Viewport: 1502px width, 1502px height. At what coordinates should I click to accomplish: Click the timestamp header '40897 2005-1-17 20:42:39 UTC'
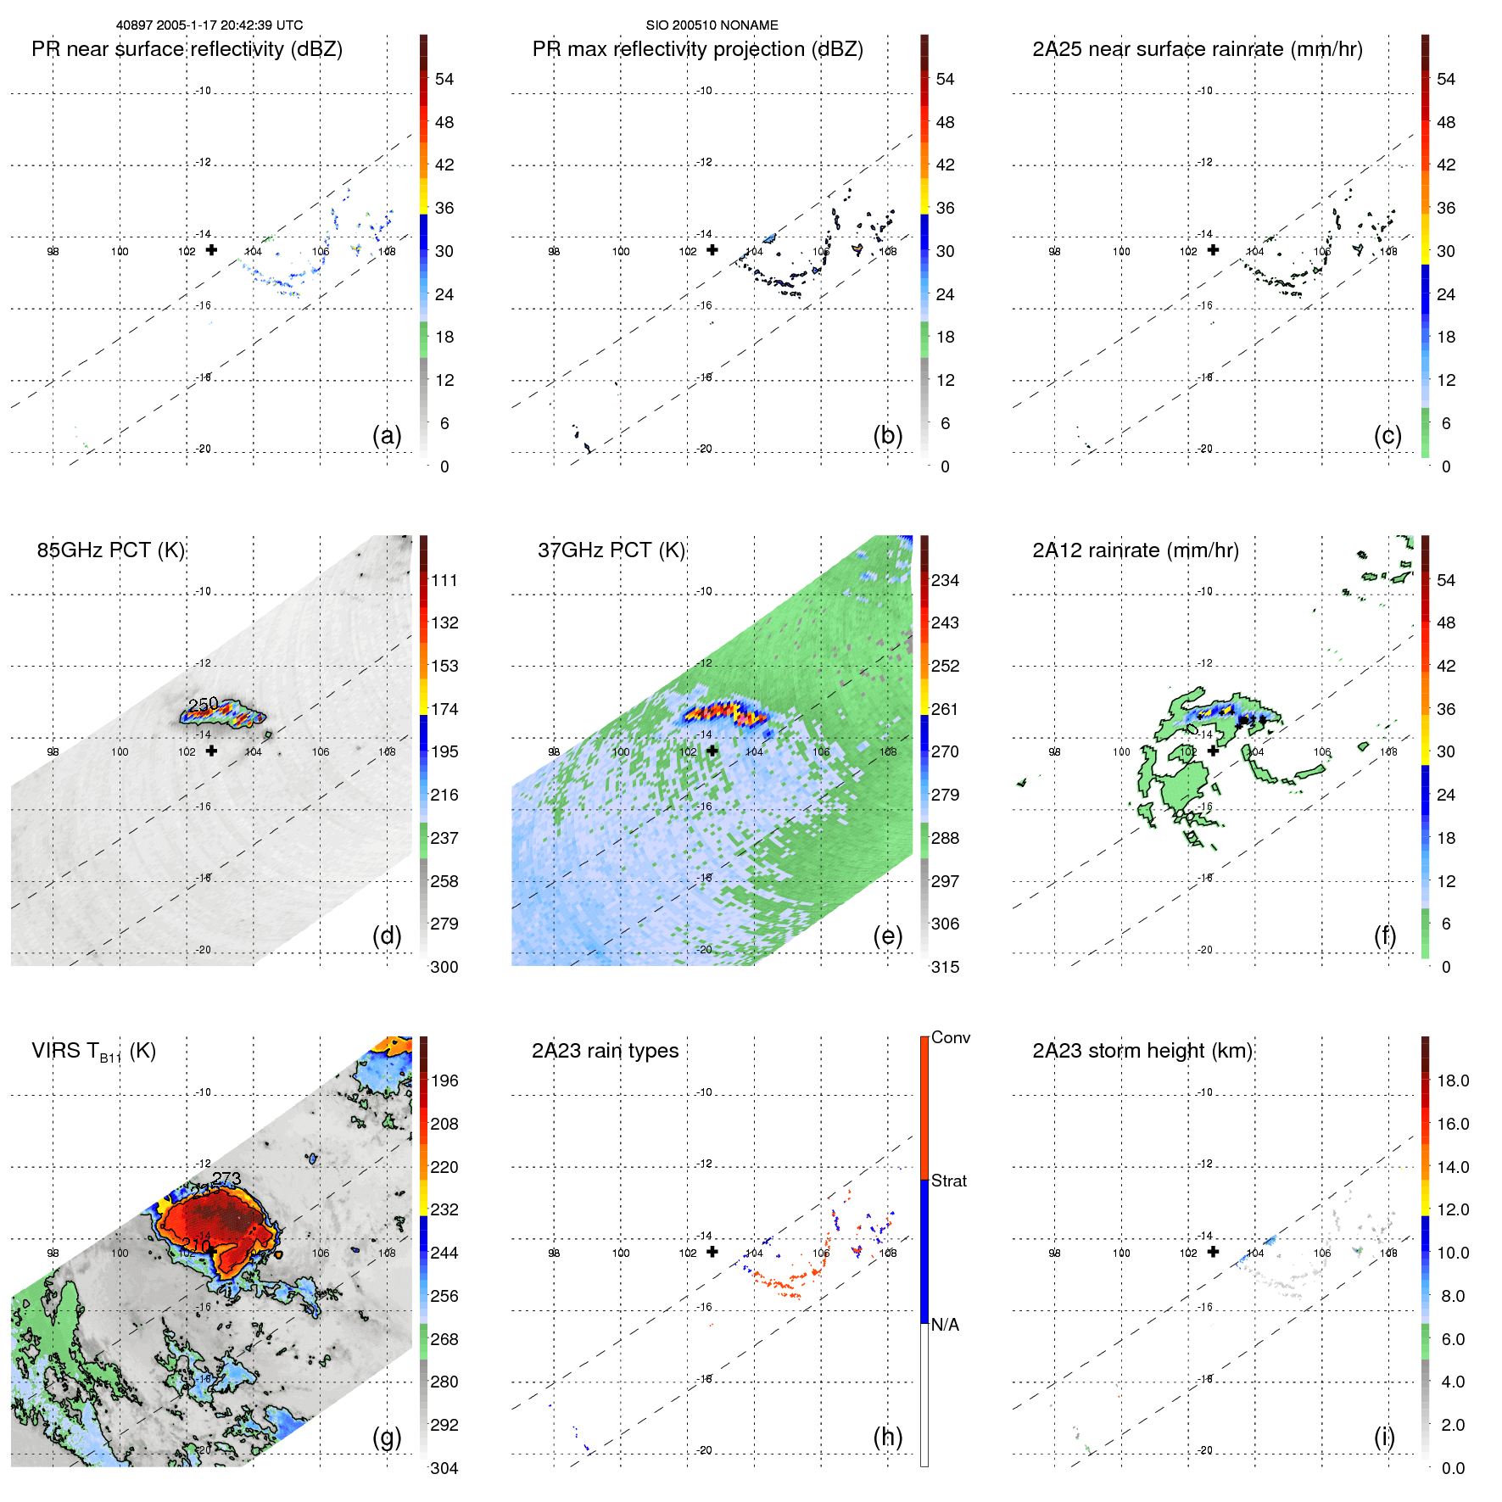pos(209,25)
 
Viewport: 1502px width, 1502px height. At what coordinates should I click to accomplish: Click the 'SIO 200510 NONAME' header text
pos(712,25)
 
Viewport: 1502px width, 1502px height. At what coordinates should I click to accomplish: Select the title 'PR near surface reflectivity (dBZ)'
pos(187,49)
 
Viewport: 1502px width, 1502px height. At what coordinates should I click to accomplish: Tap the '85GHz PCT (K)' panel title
pos(110,550)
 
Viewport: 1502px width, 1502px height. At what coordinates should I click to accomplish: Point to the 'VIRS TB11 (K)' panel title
pos(93,1051)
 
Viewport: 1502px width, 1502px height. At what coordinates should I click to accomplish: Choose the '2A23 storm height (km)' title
pos(1142,1051)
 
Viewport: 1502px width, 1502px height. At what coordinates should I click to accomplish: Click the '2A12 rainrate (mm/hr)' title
pos(1135,550)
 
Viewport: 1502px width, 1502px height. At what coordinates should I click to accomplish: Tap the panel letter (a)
pos(387,435)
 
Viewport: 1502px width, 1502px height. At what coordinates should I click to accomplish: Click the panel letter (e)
pos(887,935)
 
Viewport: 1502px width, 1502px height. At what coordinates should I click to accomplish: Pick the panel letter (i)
pos(1384,1437)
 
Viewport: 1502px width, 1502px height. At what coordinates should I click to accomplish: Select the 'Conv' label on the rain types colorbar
pos(950,1037)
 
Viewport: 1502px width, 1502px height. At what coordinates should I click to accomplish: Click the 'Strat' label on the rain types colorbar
pos(948,1181)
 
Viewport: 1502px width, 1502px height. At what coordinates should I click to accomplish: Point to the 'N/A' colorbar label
pos(945,1325)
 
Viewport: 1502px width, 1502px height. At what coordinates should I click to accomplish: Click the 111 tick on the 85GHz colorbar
pos(444,580)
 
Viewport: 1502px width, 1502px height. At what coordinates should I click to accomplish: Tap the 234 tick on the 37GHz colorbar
pos(945,580)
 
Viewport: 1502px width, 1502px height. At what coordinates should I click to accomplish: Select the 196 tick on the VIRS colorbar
pos(444,1080)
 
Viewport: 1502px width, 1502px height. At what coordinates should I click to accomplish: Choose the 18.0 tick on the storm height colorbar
pos(1452,1080)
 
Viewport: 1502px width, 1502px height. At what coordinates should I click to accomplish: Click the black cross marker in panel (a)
pos(211,249)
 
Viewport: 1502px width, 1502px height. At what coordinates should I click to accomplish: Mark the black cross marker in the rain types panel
pos(712,1251)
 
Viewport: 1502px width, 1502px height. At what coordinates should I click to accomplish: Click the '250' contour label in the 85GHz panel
pos(204,704)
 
